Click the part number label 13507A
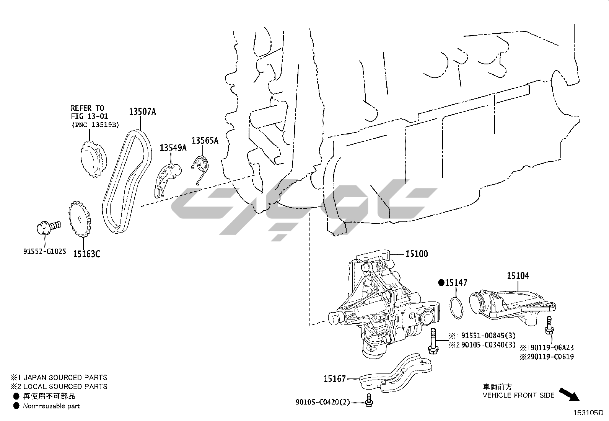click(x=142, y=111)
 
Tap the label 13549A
click(x=173, y=148)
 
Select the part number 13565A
click(x=205, y=141)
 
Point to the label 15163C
click(x=86, y=254)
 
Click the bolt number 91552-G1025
click(x=45, y=251)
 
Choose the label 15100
click(x=417, y=254)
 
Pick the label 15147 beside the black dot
click(x=456, y=283)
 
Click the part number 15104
click(x=518, y=276)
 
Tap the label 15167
click(x=335, y=379)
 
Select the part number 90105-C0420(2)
click(x=323, y=402)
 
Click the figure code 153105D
click(x=588, y=413)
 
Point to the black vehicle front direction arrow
click(x=569, y=394)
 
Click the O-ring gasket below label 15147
click(x=456, y=308)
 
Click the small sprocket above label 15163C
click(x=80, y=219)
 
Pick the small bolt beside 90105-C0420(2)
click(x=369, y=400)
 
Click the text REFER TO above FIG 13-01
click(x=87, y=108)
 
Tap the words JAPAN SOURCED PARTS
click(x=65, y=377)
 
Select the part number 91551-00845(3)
click(x=488, y=336)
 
